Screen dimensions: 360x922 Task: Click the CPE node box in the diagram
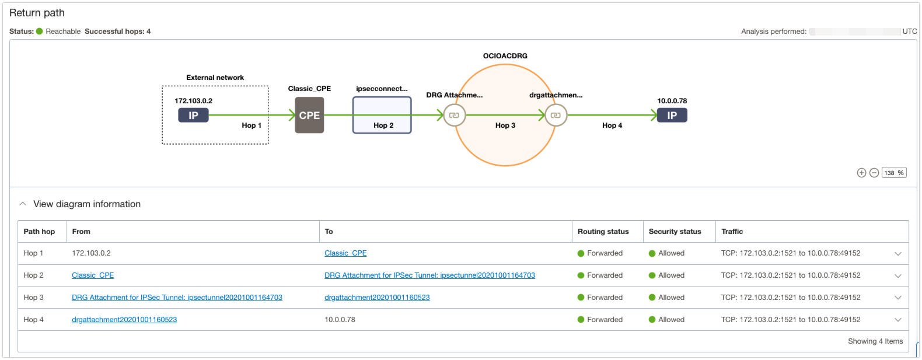[309, 116]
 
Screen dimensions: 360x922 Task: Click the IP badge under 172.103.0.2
[193, 116]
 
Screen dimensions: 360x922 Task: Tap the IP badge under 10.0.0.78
[672, 116]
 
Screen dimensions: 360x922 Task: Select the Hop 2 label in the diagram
[383, 125]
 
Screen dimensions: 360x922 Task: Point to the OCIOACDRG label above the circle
[505, 56]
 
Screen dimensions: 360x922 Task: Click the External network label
[215, 78]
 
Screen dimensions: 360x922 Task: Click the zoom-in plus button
[861, 173]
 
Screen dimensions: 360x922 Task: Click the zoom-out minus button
[874, 173]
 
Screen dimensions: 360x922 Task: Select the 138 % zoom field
[894, 173]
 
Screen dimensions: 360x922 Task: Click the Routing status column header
[603, 232]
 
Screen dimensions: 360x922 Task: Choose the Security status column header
[675, 232]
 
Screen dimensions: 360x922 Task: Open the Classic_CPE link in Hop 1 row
[345, 253]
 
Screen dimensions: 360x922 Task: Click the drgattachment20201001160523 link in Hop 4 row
[124, 320]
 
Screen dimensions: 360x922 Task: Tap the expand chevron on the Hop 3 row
[898, 298]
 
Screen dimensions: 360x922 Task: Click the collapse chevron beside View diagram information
[23, 204]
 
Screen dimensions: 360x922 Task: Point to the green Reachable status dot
[40, 32]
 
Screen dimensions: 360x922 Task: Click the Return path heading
[37, 13]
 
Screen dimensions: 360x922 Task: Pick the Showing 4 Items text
[875, 341]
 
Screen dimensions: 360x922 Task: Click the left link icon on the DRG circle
[454, 116]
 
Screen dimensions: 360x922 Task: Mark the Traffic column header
[732, 232]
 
